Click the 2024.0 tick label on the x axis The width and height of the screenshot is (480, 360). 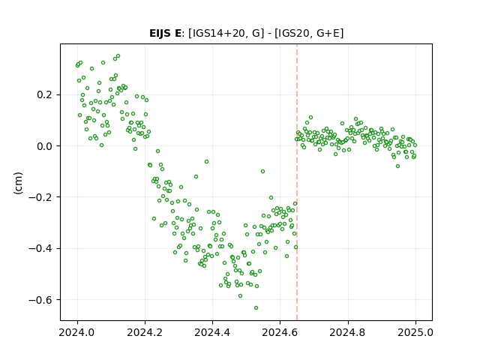pos(77,332)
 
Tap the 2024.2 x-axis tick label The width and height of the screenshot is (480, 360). pos(145,332)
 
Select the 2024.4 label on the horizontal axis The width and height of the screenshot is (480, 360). pos(212,332)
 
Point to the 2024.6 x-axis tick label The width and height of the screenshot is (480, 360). pos(280,332)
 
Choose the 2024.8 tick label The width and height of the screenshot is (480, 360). pos(348,332)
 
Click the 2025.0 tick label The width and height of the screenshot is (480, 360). pos(415,332)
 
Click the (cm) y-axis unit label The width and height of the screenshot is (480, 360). pos(18,183)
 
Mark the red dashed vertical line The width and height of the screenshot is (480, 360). pos(297,182)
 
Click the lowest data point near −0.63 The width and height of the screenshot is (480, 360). pos(256,307)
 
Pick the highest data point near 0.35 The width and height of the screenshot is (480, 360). pos(118,56)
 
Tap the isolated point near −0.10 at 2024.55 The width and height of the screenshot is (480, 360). pos(262,172)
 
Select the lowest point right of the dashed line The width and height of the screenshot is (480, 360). pos(397,166)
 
